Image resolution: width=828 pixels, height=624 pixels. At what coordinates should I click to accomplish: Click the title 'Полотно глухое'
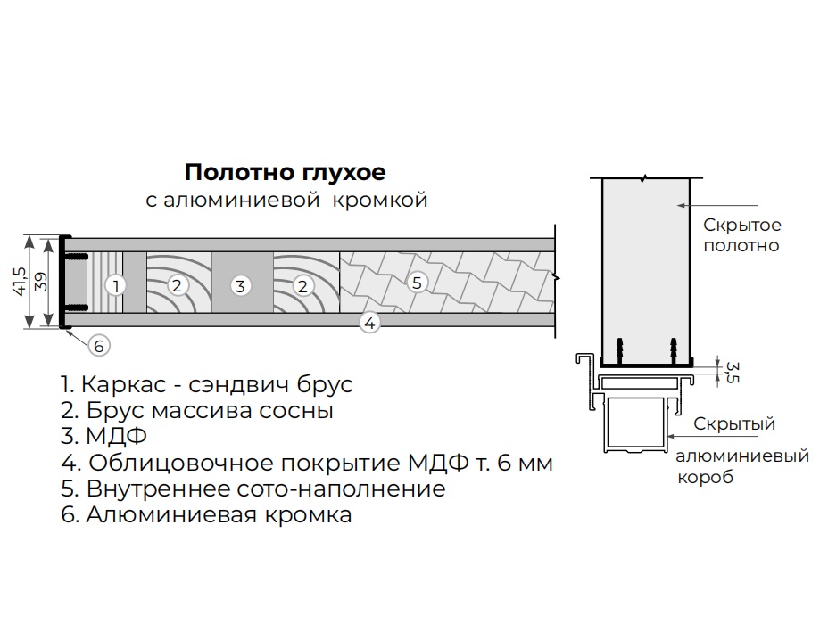[x=286, y=173]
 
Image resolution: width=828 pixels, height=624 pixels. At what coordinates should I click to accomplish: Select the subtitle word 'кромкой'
[x=380, y=201]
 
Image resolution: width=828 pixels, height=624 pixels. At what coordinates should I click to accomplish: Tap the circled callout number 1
[x=115, y=286]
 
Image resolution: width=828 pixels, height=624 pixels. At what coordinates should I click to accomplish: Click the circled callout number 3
[x=240, y=286]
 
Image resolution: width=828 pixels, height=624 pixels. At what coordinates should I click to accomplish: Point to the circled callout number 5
[x=417, y=283]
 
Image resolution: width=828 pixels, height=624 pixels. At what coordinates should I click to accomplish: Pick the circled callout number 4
[x=369, y=323]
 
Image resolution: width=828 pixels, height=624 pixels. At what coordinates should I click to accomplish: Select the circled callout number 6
[x=99, y=346]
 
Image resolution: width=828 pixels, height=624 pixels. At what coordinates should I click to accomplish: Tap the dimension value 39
[x=41, y=282]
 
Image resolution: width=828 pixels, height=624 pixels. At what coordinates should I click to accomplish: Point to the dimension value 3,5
[x=733, y=372]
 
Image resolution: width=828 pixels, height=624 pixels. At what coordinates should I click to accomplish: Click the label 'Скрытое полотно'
[x=742, y=235]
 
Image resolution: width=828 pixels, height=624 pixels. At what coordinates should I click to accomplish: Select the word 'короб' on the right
[x=705, y=478]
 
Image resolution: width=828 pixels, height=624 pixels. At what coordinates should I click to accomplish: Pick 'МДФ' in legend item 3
[x=116, y=436]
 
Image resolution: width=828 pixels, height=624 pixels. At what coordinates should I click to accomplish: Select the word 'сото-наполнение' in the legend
[x=341, y=489]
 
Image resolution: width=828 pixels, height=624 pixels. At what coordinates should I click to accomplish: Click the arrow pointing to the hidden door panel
[x=717, y=205]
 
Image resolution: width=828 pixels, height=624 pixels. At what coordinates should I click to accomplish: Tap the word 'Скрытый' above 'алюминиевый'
[x=734, y=424]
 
